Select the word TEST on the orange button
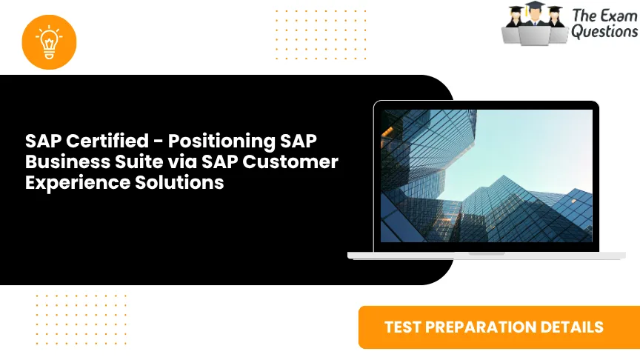403,327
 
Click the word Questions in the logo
604,32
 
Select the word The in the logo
582,14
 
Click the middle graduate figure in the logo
535,22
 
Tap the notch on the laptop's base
486,254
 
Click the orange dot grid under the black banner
81,319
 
